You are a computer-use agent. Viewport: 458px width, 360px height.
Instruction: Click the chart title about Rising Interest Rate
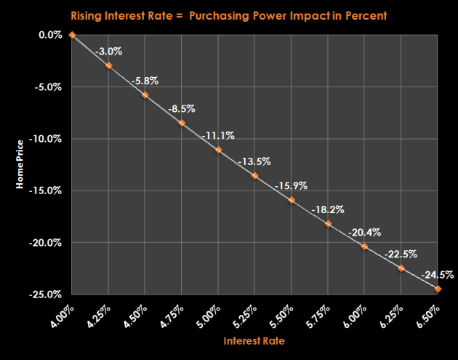click(230, 15)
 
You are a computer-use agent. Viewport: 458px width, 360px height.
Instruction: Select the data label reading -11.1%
click(217, 135)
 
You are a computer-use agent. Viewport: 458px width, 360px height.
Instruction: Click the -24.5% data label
click(437, 274)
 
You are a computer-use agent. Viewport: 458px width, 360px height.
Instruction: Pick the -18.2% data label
click(327, 210)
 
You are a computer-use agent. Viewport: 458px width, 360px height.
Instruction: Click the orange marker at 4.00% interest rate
click(72, 34)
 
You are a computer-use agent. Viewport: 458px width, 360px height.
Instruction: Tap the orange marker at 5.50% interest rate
click(292, 200)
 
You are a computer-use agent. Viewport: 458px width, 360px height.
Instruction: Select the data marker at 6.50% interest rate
click(438, 289)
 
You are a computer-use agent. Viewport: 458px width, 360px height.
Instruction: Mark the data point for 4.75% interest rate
click(182, 123)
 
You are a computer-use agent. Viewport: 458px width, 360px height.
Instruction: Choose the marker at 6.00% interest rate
click(364, 246)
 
